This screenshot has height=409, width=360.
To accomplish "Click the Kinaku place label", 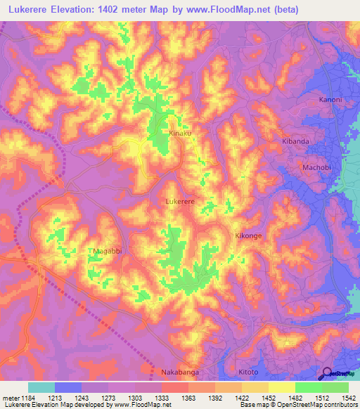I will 180,133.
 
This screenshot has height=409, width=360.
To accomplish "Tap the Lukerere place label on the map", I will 179,201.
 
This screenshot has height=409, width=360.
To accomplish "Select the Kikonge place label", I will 248,236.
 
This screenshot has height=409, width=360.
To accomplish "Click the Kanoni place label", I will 330,100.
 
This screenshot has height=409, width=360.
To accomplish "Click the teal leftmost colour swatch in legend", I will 41,387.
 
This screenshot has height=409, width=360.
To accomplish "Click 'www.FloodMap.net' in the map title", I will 237,10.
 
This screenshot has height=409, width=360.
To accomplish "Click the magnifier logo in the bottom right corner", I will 326,374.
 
